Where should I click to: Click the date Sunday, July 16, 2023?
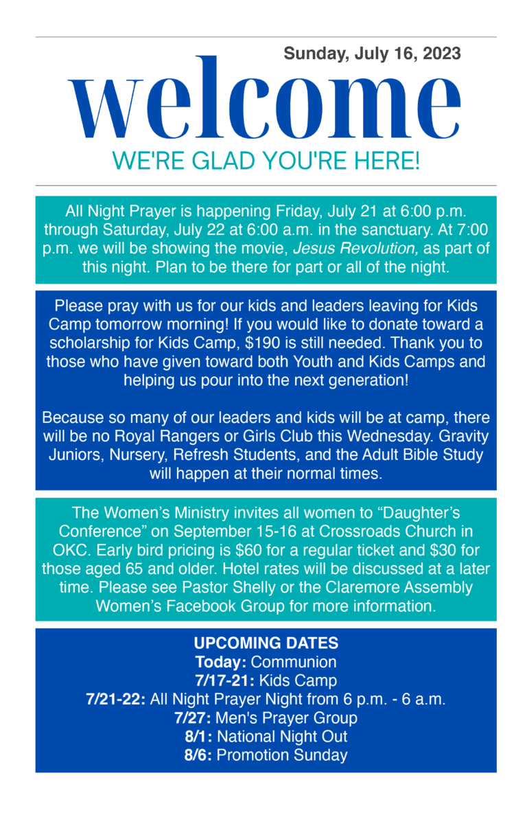point(372,54)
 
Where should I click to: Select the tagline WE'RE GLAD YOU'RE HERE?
point(266,161)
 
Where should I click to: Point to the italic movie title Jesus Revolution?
point(355,249)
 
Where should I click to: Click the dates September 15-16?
point(238,531)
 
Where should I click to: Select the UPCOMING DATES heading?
point(266,643)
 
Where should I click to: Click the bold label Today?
point(221,662)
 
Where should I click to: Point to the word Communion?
point(294,662)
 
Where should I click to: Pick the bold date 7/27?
point(193,718)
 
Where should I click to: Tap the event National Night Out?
point(282,737)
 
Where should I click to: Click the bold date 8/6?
point(198,755)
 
